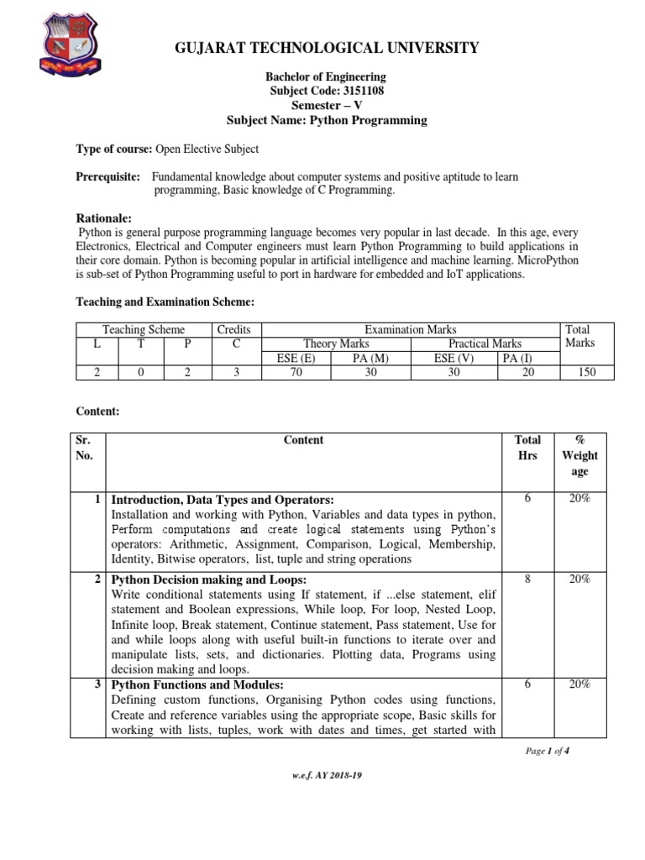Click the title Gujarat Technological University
[327, 47]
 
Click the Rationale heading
[104, 218]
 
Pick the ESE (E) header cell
[296, 358]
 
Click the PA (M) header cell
[370, 358]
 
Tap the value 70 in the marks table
[296, 372]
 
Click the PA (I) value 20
[527, 372]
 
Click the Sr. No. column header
[86, 448]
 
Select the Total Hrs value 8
[527, 579]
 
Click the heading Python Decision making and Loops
[209, 580]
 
